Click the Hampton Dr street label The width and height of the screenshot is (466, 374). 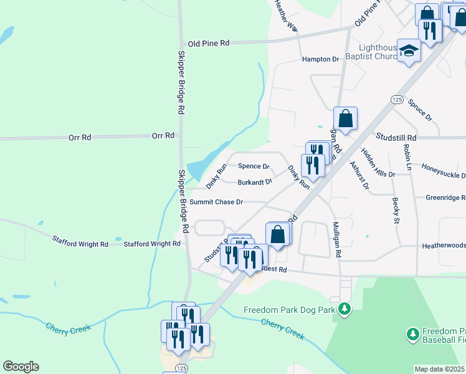320,59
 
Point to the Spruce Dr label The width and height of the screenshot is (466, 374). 420,109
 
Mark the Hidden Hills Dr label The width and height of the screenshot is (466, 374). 378,163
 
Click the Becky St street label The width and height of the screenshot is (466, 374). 396,210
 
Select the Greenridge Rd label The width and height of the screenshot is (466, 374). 445,198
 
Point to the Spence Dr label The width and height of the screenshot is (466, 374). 254,166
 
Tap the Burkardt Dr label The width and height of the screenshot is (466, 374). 255,183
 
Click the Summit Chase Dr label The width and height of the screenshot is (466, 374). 216,202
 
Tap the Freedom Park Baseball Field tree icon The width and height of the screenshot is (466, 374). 412,335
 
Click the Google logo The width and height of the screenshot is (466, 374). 21,367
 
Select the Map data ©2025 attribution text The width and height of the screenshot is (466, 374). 439,369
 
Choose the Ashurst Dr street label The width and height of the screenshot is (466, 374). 359,176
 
